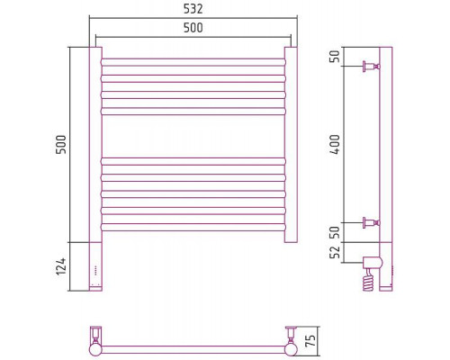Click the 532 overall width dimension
pyautogui.click(x=193, y=9)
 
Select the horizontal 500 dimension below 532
pyautogui.click(x=193, y=28)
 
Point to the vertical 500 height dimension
pyautogui.click(x=61, y=144)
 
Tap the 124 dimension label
pyautogui.click(x=61, y=266)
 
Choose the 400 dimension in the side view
pyautogui.click(x=335, y=144)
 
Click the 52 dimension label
pyautogui.click(x=335, y=252)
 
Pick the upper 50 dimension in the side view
pyautogui.click(x=335, y=56)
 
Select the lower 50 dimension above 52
pyautogui.click(x=335, y=232)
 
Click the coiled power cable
pyautogui.click(x=369, y=280)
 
